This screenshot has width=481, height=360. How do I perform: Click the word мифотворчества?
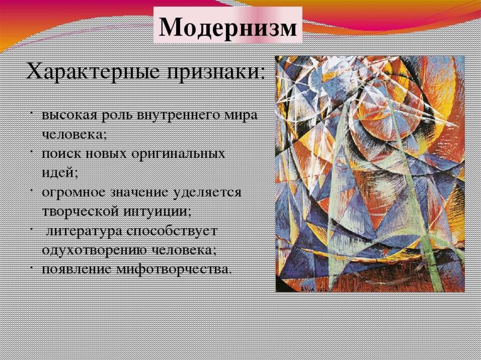(x=173, y=269)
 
